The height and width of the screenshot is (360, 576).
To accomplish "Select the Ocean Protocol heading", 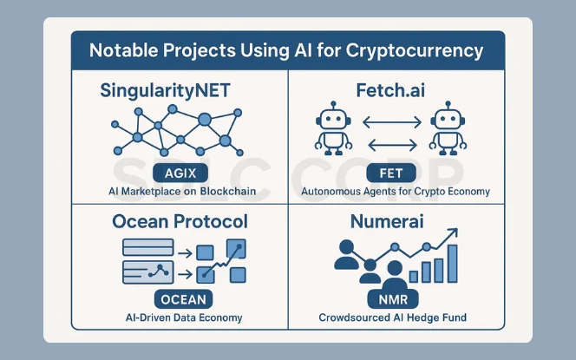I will (180, 222).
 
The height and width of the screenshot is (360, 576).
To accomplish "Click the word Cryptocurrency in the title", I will (419, 50).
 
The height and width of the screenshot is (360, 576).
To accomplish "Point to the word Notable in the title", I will (121, 50).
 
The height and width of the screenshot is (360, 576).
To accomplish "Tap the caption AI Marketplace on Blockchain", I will (180, 191).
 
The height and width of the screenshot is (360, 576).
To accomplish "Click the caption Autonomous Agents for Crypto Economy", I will (396, 191).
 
